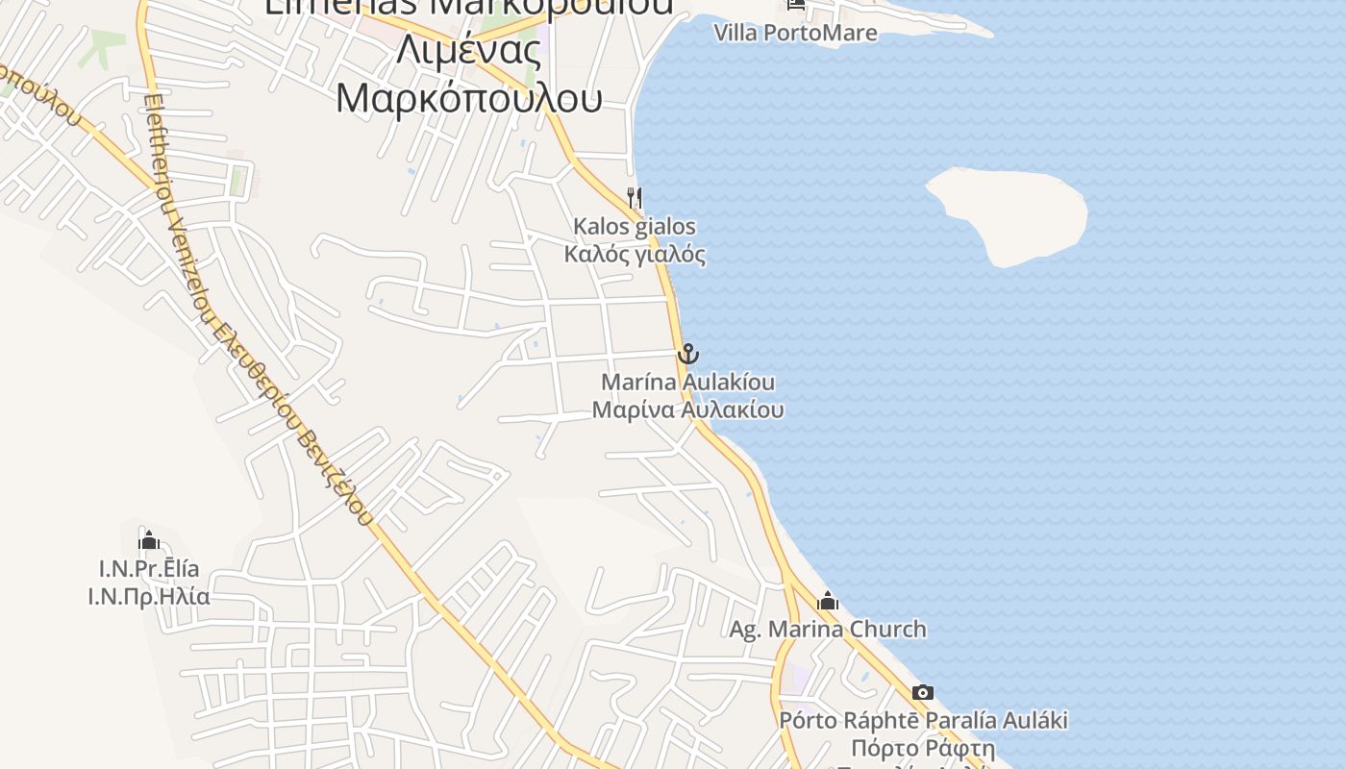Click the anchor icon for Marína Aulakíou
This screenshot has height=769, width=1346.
[x=687, y=354]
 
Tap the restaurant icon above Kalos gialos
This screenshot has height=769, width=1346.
[x=635, y=198]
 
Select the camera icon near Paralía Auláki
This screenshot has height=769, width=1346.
[x=922, y=692]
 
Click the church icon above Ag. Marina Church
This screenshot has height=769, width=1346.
[x=828, y=602]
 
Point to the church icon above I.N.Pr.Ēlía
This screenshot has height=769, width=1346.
[x=148, y=540]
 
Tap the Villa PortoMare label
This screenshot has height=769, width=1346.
[x=795, y=33]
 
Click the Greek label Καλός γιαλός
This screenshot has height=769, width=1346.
[x=635, y=255]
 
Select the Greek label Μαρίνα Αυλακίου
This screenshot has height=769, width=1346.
[x=687, y=409]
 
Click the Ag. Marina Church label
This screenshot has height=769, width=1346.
[x=828, y=630]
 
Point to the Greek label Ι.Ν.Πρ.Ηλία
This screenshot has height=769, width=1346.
[x=149, y=596]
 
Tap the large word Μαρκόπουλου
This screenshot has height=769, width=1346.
[x=469, y=98]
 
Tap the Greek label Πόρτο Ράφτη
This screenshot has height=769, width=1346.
[x=923, y=748]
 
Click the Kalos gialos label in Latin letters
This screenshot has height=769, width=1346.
[x=635, y=227]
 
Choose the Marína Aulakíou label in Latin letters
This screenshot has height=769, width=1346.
[x=687, y=383]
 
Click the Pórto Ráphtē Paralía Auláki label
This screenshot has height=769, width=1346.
[x=923, y=720]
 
